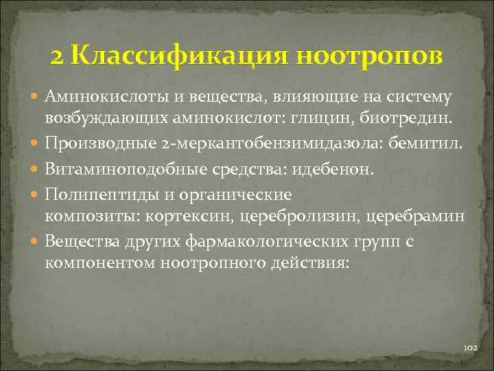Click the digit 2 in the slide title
57,56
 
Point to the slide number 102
471,348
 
